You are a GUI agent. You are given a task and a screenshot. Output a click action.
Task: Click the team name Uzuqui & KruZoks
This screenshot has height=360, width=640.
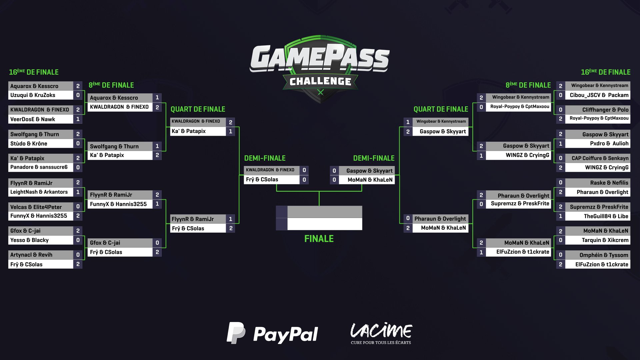pos(33,95)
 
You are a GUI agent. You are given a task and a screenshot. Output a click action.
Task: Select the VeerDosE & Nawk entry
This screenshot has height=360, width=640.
pos(33,119)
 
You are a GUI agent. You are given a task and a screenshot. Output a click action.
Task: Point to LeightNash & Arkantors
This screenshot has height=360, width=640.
pos(39,192)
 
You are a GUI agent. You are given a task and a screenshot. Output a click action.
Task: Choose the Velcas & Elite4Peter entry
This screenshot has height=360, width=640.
pos(36,207)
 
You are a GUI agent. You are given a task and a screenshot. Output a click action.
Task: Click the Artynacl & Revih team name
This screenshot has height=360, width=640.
pos(31,255)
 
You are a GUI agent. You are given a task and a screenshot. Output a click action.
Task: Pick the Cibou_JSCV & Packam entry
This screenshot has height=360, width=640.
pos(599,95)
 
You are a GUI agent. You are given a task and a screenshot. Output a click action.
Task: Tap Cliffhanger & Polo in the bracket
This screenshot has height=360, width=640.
pos(605,110)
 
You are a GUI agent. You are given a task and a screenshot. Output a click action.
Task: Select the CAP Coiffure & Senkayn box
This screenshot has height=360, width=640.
pos(600,158)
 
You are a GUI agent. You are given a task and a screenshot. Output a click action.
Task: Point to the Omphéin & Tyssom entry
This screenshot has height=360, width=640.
pos(604,255)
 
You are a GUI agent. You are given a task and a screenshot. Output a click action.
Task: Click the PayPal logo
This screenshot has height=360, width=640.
pos(272,333)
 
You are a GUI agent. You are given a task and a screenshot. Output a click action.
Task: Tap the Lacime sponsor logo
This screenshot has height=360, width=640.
pos(381,333)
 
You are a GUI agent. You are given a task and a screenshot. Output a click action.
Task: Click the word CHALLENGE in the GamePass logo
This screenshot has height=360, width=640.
pos(320,81)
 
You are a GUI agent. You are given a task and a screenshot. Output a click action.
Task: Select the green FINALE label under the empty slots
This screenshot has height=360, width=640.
pos(319,239)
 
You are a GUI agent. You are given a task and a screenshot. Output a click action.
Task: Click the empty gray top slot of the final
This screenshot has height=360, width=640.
pos(325,212)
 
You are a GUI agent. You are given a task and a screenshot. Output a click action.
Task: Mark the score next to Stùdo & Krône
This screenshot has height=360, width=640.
pos(78,143)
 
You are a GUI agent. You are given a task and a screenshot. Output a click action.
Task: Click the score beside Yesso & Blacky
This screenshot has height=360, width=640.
pos(78,240)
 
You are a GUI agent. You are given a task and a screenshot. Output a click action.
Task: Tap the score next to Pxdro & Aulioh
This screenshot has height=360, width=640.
pos(561,143)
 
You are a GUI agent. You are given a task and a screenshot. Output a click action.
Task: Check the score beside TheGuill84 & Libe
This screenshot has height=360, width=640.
pos(561,216)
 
